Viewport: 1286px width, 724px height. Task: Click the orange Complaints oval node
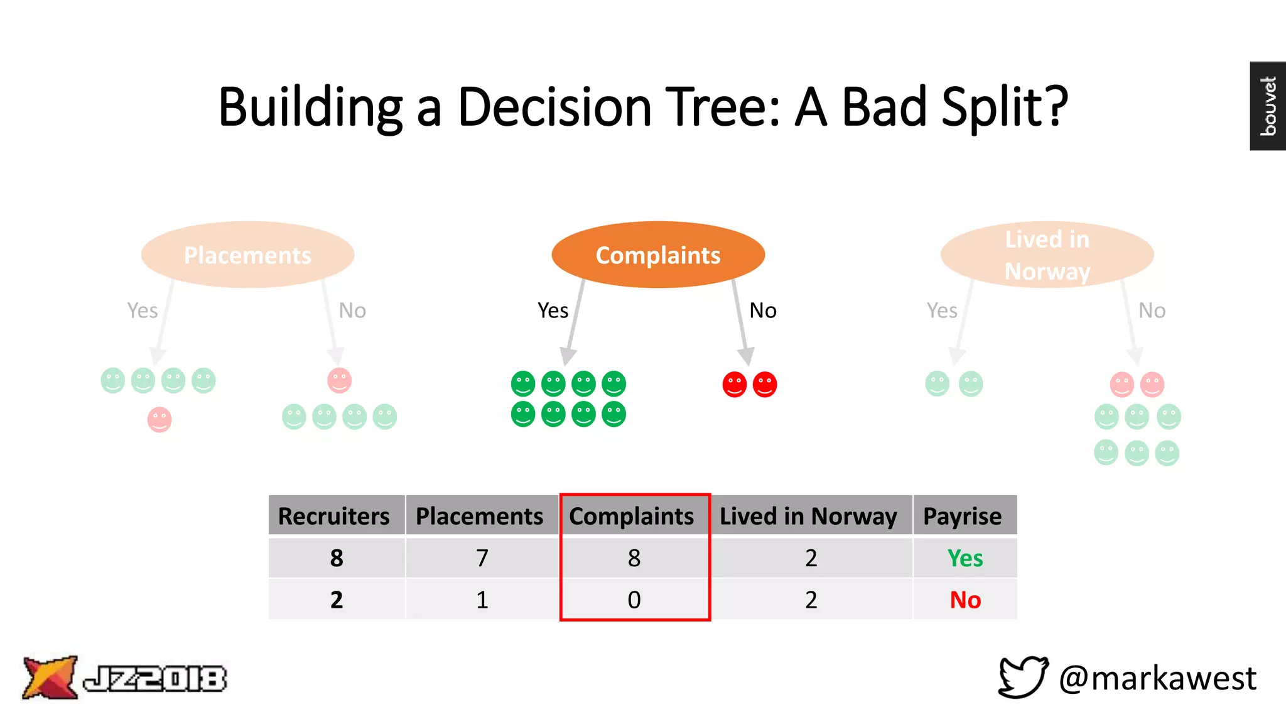[x=658, y=255]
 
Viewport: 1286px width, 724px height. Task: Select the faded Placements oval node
[x=247, y=255]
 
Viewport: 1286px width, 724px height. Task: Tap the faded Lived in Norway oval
[x=1047, y=255]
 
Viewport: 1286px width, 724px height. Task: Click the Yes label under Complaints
[x=553, y=310]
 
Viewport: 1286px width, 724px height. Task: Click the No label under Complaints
[x=763, y=310]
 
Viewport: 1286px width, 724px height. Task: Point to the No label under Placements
[x=352, y=310]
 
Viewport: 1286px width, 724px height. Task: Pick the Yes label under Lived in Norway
[x=942, y=310]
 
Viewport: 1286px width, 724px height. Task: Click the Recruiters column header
[x=334, y=516]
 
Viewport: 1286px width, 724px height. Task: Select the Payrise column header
[x=963, y=516]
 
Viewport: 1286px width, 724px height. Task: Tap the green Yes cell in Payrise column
[x=965, y=558]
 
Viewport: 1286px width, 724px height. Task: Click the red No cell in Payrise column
[x=965, y=600]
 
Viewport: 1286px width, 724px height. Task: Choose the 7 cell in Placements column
[x=482, y=558]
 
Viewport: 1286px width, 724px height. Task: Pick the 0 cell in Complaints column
[x=634, y=600]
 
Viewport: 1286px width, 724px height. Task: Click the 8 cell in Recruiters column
[x=337, y=558]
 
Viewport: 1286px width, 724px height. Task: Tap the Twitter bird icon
[x=1023, y=677]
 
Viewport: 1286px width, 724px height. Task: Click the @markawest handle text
[x=1157, y=679]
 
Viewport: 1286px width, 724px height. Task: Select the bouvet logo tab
[x=1268, y=106]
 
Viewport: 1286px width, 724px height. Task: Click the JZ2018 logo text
[x=155, y=679]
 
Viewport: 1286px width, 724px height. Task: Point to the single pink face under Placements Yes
[x=159, y=419]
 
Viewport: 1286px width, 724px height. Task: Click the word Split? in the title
[x=1005, y=107]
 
